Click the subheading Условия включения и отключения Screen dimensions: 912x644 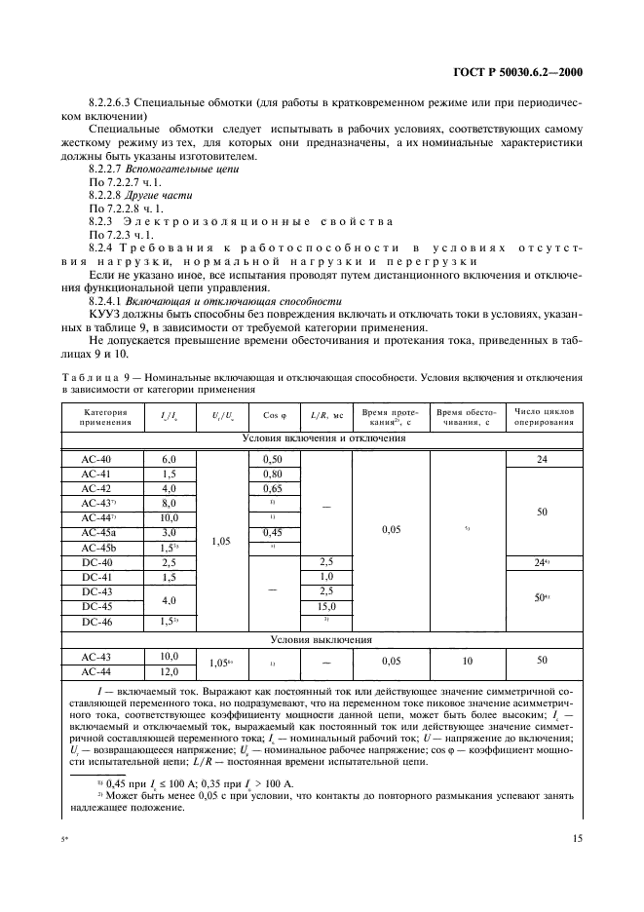click(322, 438)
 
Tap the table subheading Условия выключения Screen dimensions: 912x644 click(322, 640)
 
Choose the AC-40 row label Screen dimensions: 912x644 click(96, 459)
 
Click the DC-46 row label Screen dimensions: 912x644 click(96, 621)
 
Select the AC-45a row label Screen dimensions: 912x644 click(96, 533)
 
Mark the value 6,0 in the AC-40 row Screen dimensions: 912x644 click(169, 459)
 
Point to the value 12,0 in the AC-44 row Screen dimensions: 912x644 click(169, 671)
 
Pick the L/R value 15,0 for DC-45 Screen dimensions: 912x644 click(326, 606)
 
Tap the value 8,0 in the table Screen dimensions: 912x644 click(169, 503)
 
